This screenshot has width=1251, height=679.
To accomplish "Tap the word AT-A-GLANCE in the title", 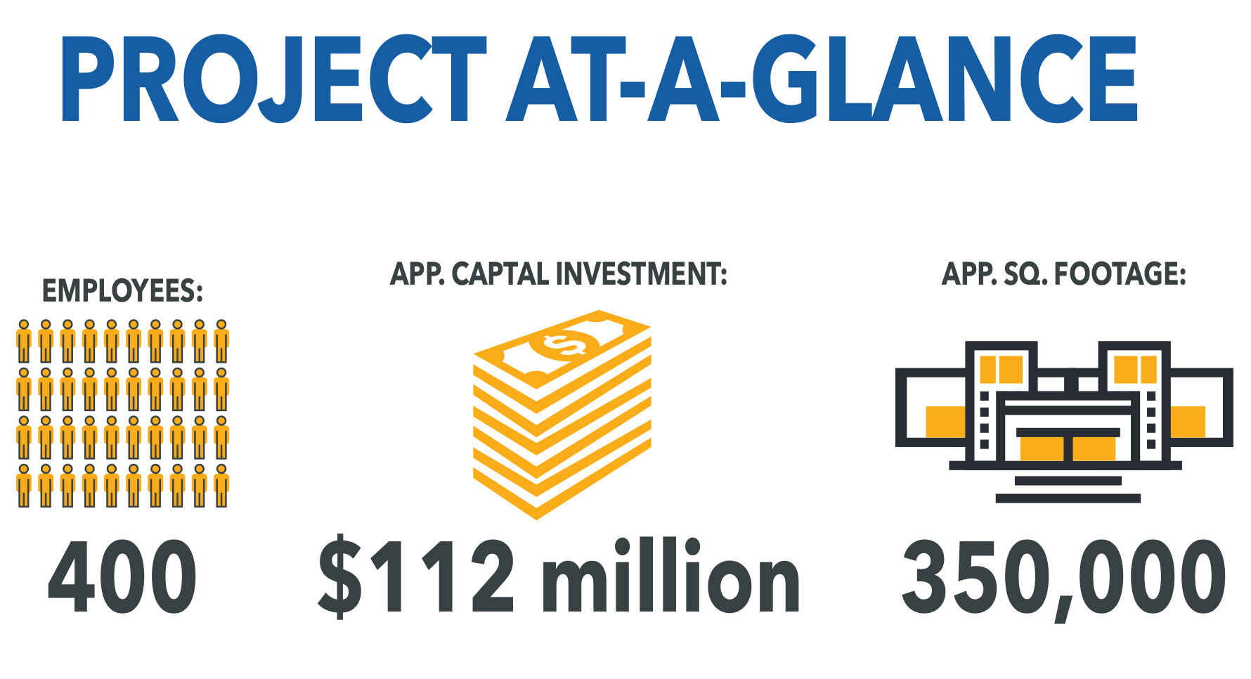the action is pos(822,79).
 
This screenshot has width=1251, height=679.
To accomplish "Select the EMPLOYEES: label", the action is pos(123,291).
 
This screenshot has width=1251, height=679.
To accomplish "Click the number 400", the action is pos(122,576).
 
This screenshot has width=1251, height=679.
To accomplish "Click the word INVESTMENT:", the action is pos(641,274).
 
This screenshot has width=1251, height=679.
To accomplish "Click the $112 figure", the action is pos(416,576).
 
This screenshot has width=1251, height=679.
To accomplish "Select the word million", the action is pos(670,575).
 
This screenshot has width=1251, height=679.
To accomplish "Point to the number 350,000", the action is pos(1063,578).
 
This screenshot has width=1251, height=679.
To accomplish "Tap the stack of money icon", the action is pos(562,415).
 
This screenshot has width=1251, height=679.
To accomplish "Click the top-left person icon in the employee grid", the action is pos(24,341).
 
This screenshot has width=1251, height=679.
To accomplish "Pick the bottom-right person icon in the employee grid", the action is pos(221,486).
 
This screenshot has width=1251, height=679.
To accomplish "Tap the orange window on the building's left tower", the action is pos(1001,370).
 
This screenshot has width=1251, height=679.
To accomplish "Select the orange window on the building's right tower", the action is pos(1135,370).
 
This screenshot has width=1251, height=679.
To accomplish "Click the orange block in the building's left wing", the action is pos(946,422).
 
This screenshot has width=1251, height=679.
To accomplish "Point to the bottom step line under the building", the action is pos(1068,498).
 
